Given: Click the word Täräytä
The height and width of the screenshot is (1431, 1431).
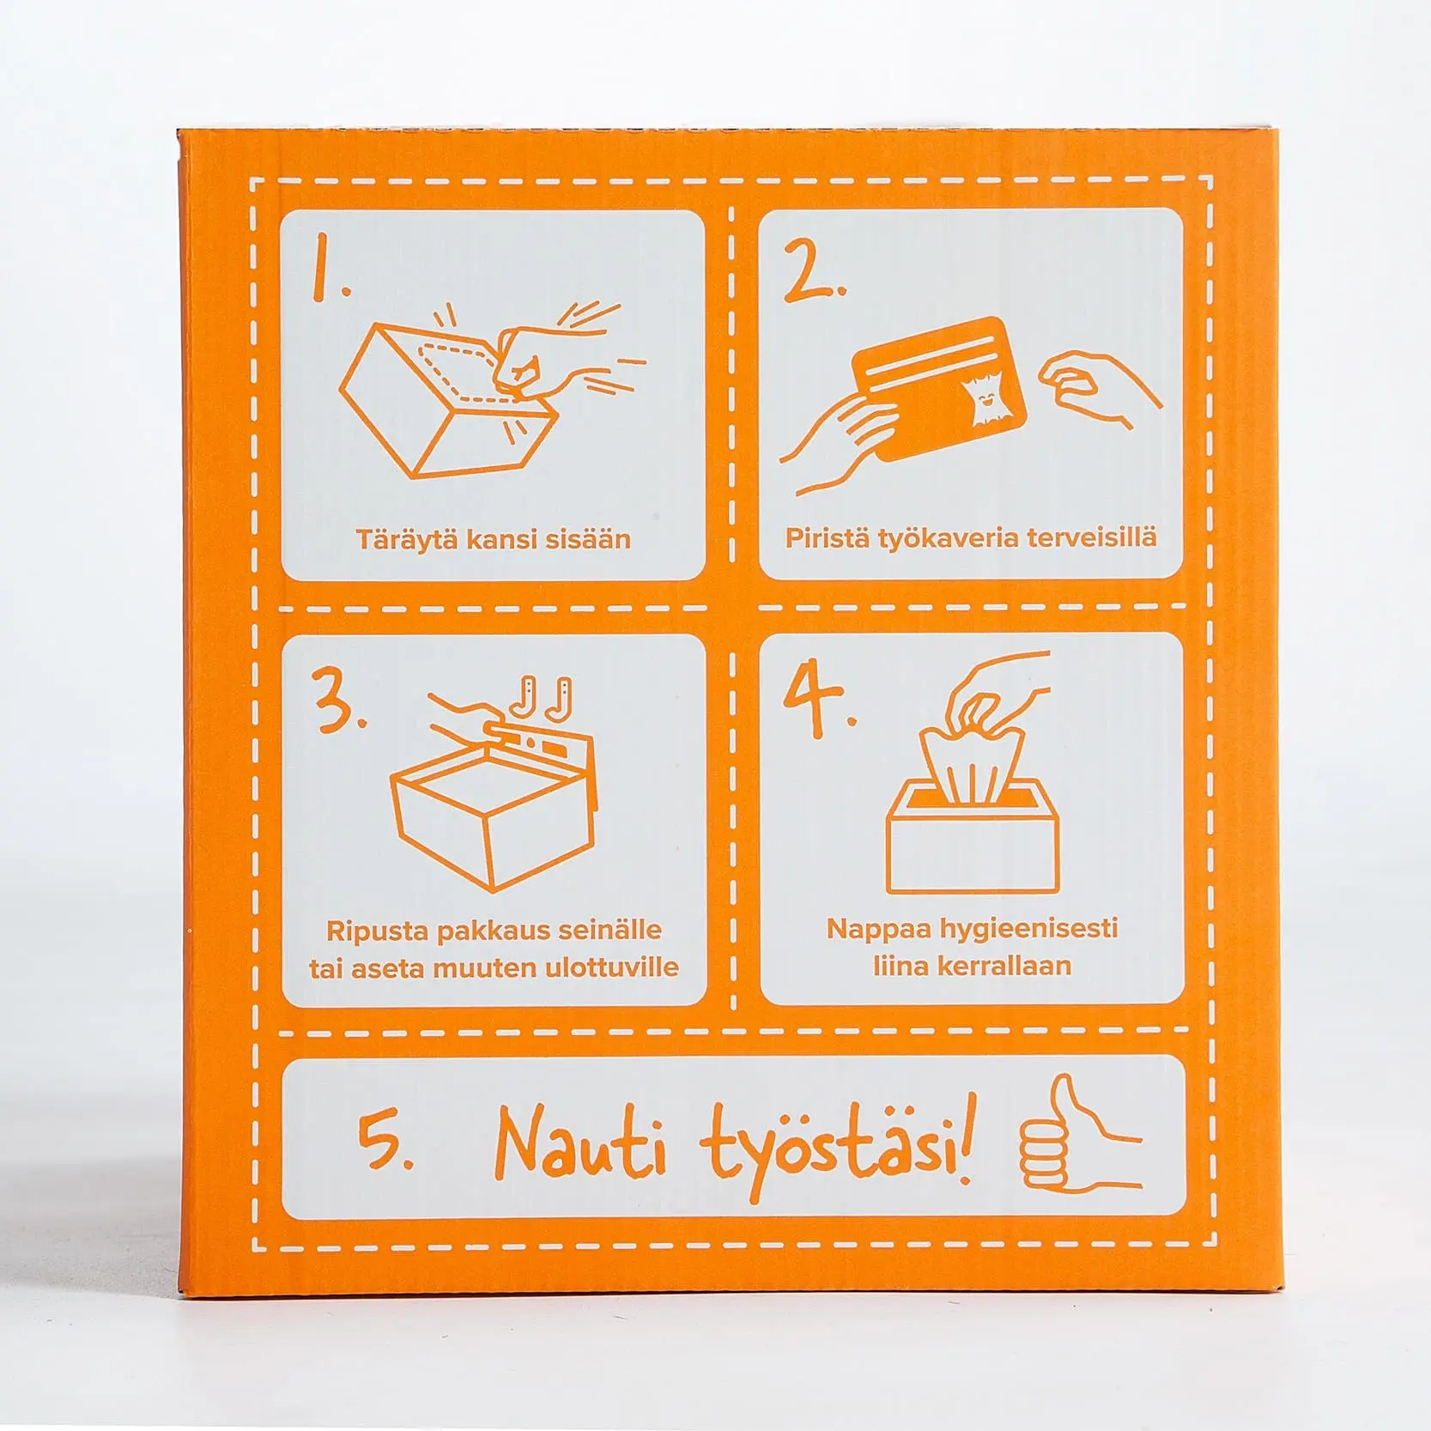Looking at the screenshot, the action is click(x=407, y=539).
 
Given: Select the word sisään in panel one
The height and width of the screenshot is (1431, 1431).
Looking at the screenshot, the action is click(x=592, y=539).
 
